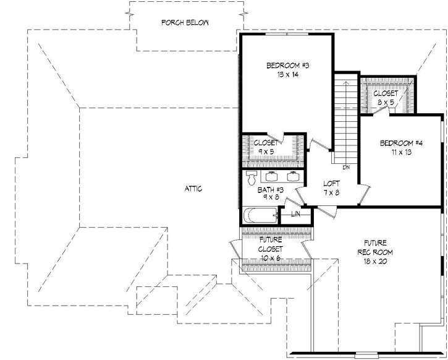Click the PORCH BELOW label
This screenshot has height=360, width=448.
click(185, 23)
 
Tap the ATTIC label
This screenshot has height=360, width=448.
click(193, 189)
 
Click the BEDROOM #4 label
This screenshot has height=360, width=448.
click(401, 143)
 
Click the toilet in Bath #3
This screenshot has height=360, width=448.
click(250, 179)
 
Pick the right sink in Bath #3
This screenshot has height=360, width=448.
click(294, 174)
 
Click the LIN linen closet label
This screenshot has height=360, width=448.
click(295, 215)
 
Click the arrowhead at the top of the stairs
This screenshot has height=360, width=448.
click(346, 81)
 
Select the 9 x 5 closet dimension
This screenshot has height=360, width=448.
click(266, 151)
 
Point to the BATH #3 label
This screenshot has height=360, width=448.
click(270, 190)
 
